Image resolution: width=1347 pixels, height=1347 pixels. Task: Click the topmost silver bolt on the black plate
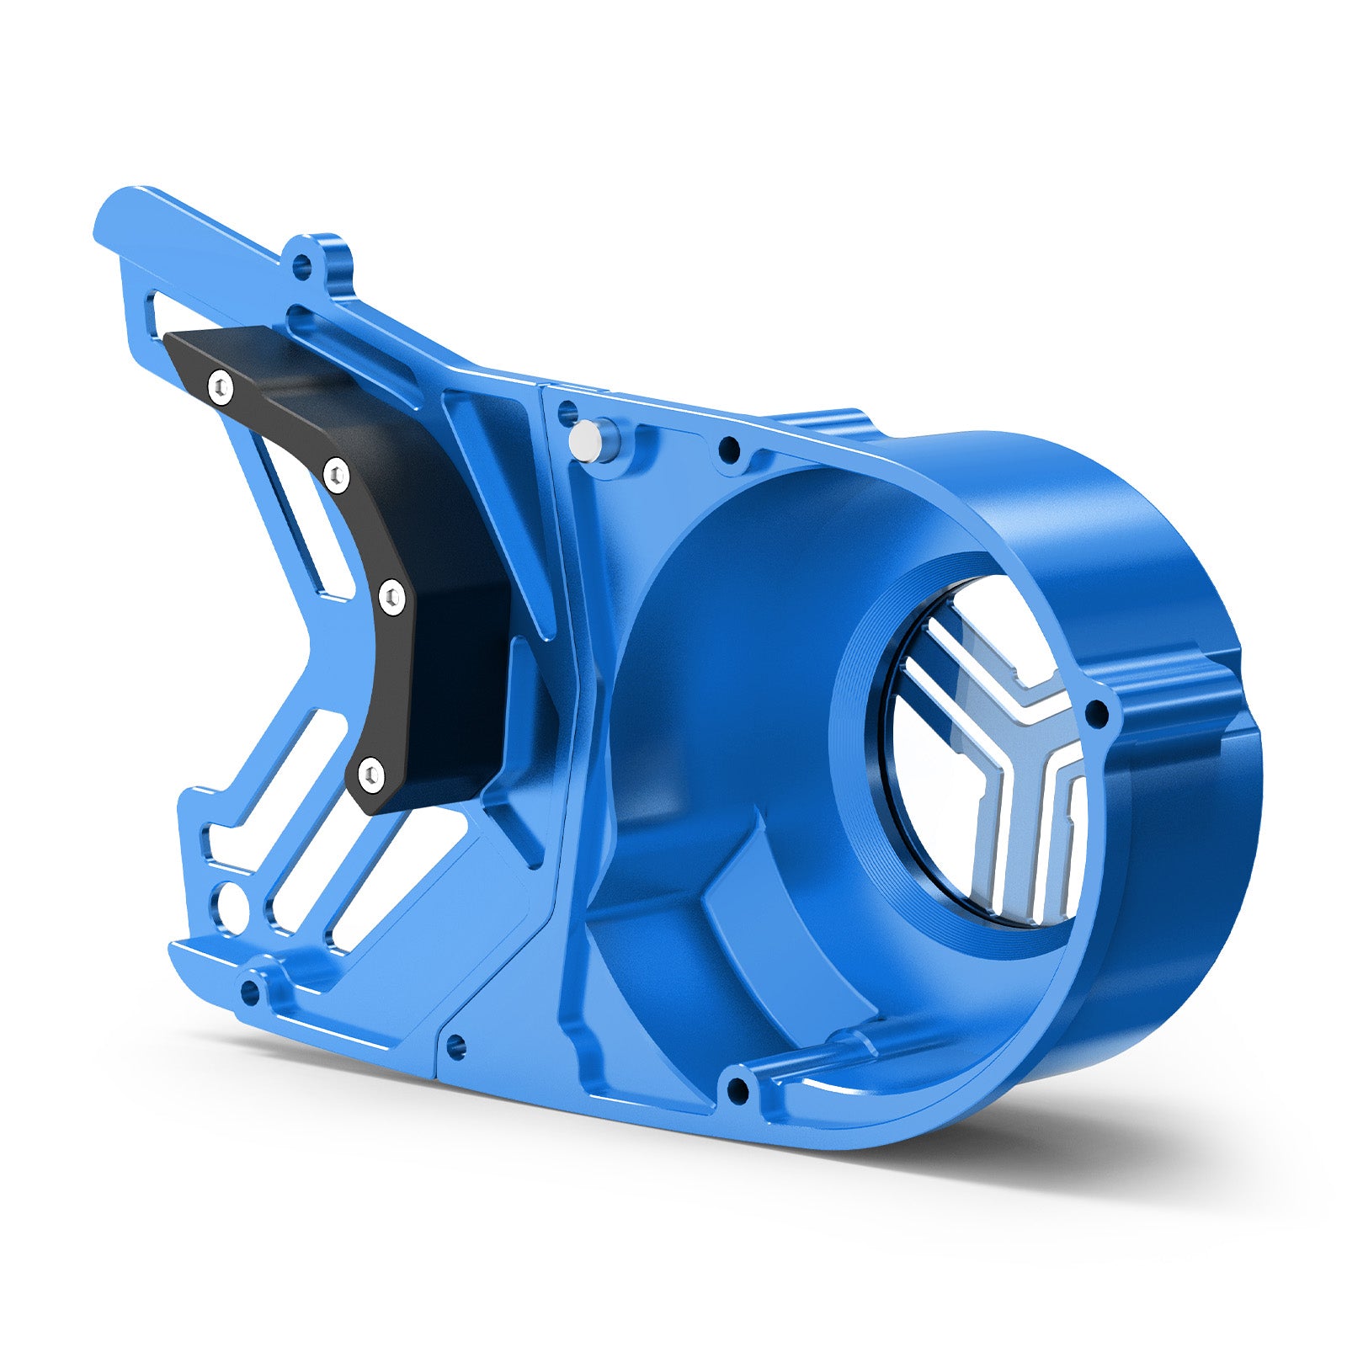pyautogui.click(x=221, y=386)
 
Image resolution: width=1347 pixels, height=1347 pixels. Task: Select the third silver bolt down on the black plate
pyautogui.click(x=391, y=598)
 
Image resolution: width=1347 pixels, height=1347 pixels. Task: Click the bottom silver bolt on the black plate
pyautogui.click(x=370, y=773)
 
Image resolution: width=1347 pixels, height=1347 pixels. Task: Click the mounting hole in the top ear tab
pyautogui.click(x=301, y=269)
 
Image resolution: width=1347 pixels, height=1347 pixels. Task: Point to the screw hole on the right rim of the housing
pyautogui.click(x=1097, y=716)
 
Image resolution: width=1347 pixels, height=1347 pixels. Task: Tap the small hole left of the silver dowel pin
pyautogui.click(x=567, y=413)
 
